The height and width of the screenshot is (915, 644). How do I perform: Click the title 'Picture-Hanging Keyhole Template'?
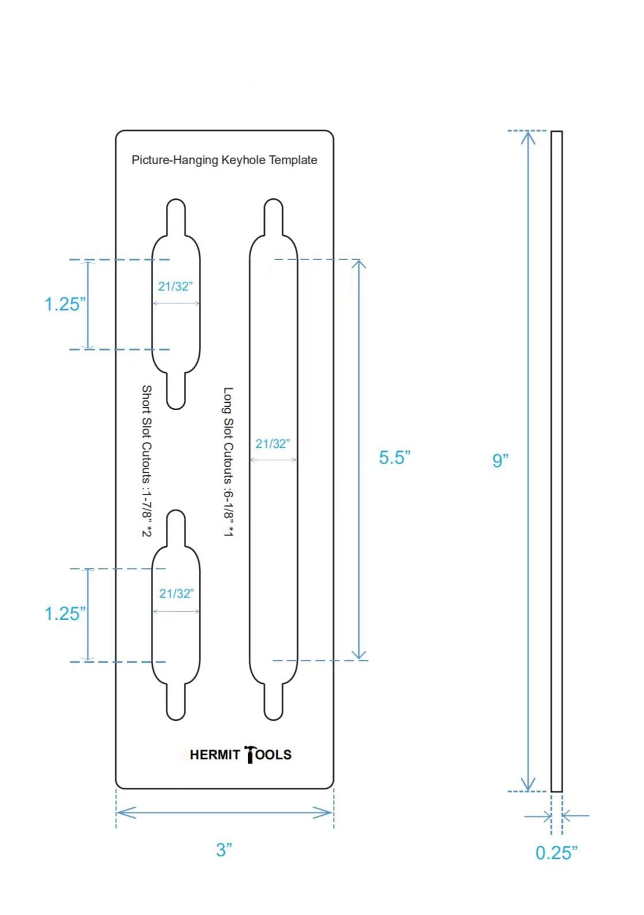pos(224,160)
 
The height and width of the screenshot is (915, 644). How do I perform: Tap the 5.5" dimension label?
pos(395,457)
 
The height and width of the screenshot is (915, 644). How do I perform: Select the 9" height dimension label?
pos(500,460)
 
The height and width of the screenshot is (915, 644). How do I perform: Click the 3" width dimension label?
pos(224,849)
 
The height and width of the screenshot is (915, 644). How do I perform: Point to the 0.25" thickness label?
pos(556,853)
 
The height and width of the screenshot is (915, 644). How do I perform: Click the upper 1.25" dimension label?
pos(65,304)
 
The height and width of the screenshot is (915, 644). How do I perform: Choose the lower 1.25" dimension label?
pos(65,614)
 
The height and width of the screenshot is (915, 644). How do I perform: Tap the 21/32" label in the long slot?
pos(272,444)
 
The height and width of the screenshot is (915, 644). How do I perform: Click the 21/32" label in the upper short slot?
pos(175,286)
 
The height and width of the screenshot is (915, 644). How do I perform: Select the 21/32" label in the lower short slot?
pos(176,593)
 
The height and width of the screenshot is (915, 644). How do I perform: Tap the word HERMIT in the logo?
pos(214,755)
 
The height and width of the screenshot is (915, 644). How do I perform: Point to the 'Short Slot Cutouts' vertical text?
pos(147,461)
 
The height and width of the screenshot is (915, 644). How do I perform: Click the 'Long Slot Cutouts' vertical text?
pos(228,461)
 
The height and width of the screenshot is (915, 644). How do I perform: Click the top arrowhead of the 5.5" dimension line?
pos(359,264)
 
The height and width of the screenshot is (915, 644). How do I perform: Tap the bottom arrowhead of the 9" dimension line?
pos(528,785)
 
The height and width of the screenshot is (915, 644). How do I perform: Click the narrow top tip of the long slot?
pos(273,210)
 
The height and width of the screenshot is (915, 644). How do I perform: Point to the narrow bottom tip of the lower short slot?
pos(176,709)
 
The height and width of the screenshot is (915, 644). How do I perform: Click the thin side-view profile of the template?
pos(556,461)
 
